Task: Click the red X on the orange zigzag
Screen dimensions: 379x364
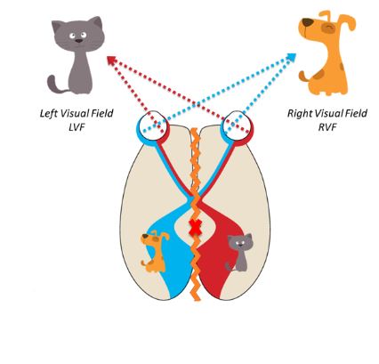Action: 196,228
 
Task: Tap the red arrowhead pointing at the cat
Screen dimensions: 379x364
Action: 111,60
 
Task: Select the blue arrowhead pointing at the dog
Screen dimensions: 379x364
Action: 292,57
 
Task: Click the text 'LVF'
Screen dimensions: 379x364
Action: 77,126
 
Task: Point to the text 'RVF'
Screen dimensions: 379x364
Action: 327,126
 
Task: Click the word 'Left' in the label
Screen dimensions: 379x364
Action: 49,113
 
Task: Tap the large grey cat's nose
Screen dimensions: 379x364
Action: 78,41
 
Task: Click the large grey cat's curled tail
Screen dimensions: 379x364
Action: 56,85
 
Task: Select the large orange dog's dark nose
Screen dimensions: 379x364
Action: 307,22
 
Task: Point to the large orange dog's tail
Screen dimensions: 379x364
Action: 304,77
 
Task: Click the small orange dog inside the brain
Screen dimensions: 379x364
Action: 155,251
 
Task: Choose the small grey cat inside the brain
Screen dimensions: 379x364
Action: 239,253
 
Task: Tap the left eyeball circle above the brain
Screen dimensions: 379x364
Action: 153,125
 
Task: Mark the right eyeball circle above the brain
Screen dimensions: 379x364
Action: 238,125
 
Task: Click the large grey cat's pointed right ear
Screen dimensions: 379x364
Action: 97,22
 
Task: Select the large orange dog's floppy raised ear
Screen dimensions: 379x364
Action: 348,21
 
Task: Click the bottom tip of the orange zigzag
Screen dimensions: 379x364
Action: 197,300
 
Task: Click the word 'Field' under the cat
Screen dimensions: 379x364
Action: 101,113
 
